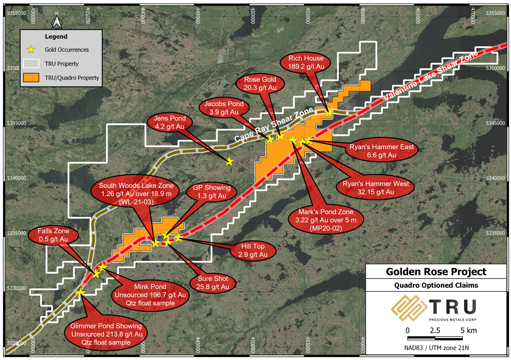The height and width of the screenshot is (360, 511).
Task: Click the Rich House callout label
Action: click(x=306, y=63)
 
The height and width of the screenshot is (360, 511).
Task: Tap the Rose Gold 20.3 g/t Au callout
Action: click(x=260, y=84)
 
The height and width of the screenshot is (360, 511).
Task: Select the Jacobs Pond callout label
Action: click(x=224, y=108)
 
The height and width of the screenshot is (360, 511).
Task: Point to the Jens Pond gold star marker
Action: click(x=229, y=162)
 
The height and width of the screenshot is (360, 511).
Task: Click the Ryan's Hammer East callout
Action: click(x=381, y=151)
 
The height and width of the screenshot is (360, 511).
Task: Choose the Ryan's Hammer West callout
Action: click(x=376, y=188)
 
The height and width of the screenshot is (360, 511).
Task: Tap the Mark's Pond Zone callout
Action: click(x=326, y=220)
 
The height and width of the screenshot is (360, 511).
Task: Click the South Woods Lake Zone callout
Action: click(x=136, y=194)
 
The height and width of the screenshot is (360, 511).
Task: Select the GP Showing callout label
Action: click(x=212, y=192)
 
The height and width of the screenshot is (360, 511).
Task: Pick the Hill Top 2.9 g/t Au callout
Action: click(x=253, y=251)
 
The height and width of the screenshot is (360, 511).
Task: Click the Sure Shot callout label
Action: click(x=213, y=283)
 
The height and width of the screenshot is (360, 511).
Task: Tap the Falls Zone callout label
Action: click(x=54, y=235)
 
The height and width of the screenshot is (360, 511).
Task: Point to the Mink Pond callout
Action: click(x=150, y=295)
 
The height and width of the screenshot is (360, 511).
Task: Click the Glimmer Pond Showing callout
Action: click(x=106, y=334)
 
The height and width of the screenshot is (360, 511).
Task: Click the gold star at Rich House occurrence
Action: click(x=329, y=112)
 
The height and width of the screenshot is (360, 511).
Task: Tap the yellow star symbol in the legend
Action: click(x=31, y=49)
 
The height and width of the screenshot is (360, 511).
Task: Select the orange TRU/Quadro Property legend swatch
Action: click(x=31, y=77)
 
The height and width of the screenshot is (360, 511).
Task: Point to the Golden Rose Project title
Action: click(x=436, y=271)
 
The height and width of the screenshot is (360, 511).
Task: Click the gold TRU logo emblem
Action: click(x=408, y=308)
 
